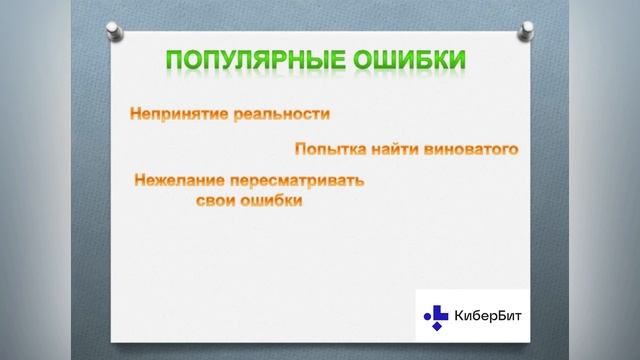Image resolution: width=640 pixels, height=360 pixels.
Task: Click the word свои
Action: (214, 200)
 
